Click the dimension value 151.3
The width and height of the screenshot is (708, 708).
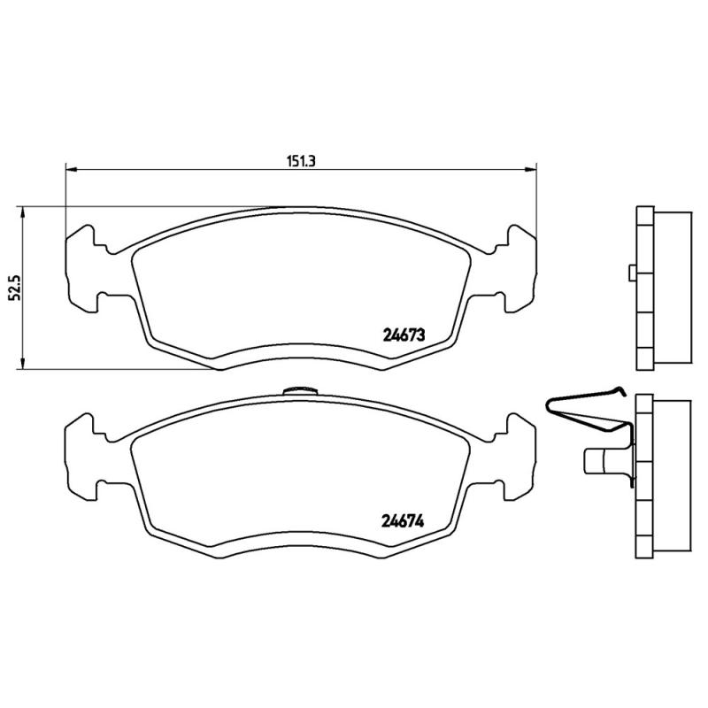301,161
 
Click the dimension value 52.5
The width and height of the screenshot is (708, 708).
13,287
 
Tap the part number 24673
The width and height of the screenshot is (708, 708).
405,335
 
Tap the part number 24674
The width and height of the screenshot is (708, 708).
405,521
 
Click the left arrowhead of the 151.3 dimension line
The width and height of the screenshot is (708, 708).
71,169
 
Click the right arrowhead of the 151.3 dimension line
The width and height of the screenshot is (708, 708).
532,169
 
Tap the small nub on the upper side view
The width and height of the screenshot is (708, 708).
630,273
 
